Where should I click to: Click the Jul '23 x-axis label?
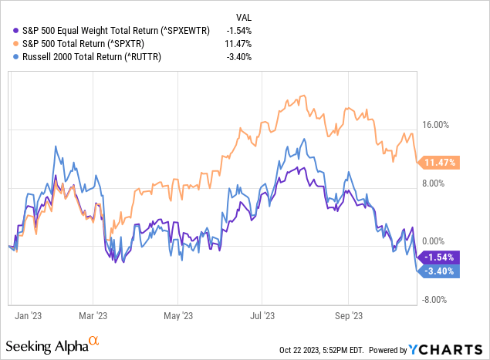(x=262, y=315)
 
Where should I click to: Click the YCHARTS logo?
(x=452, y=348)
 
